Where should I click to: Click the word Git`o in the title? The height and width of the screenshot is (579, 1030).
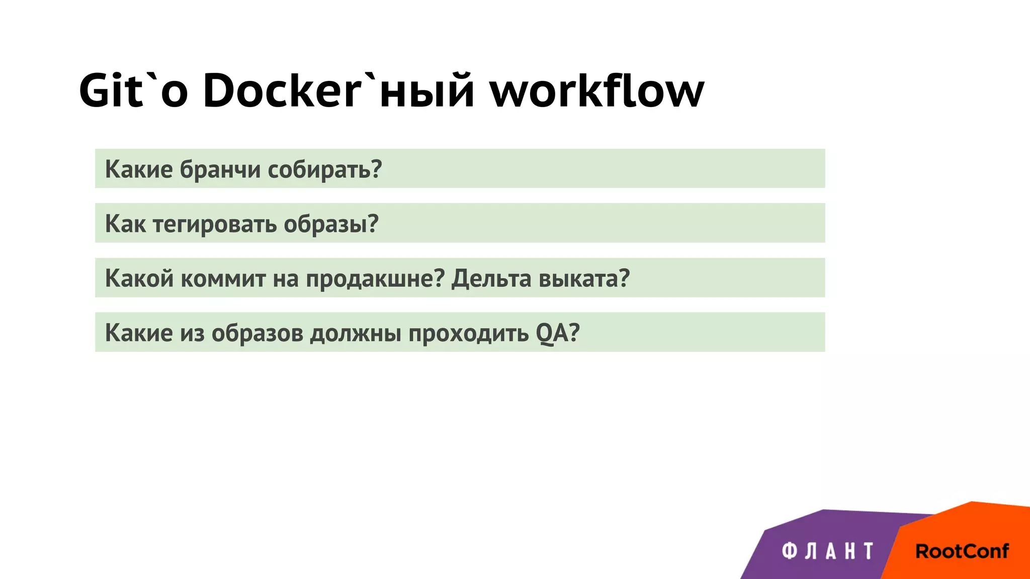pyautogui.click(x=133, y=90)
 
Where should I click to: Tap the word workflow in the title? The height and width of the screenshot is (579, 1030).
pyautogui.click(x=597, y=90)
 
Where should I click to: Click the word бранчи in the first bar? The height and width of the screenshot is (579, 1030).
pyautogui.click(x=220, y=169)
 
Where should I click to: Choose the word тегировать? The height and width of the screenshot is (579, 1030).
pyautogui.click(x=215, y=224)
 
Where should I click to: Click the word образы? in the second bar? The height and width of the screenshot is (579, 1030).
pyautogui.click(x=331, y=224)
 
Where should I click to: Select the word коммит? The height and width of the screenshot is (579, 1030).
pyautogui.click(x=223, y=278)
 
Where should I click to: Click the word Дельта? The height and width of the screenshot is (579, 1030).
pyautogui.click(x=491, y=278)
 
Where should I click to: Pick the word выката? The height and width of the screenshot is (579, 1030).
pyautogui.click(x=584, y=278)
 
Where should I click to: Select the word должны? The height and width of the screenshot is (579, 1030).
pyautogui.click(x=355, y=333)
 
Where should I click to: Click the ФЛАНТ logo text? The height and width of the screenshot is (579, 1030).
pyautogui.click(x=828, y=551)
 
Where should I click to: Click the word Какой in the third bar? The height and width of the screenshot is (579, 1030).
pyautogui.click(x=139, y=278)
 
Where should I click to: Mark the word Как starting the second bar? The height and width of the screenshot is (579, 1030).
pyautogui.click(x=125, y=224)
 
